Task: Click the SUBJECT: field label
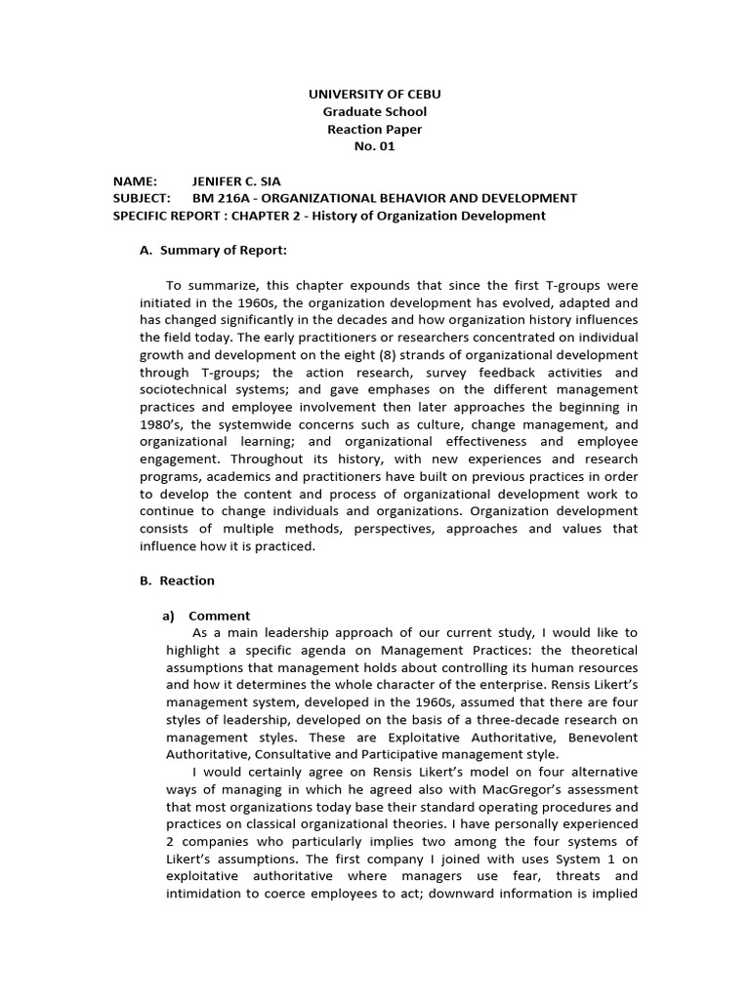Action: click(x=143, y=198)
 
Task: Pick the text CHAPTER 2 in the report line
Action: click(x=269, y=216)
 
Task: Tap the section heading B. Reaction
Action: click(x=177, y=580)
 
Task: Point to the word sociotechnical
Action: click(x=186, y=389)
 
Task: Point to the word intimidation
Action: click(x=206, y=894)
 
